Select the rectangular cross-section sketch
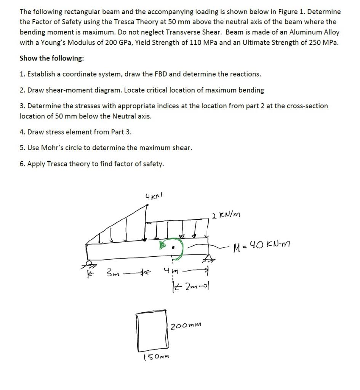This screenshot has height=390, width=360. (152, 331)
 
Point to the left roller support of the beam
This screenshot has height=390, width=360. (89, 264)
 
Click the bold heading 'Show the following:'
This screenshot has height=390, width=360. (52, 58)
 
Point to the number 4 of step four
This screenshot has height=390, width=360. (22, 132)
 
